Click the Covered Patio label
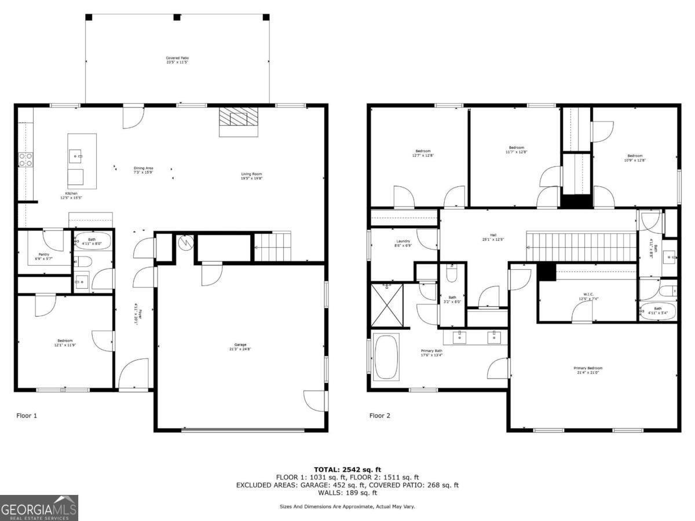pyautogui.click(x=177, y=60)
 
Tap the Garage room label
pyautogui.click(x=240, y=347)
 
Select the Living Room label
pyautogui.click(x=252, y=176)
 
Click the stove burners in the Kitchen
pyautogui.click(x=26, y=159)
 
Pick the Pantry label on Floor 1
pyautogui.click(x=43, y=256)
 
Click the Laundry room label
pyautogui.click(x=403, y=243)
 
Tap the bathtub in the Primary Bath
pyautogui.click(x=386, y=357)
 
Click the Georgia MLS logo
pyautogui.click(x=39, y=508)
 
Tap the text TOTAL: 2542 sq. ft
pyautogui.click(x=348, y=469)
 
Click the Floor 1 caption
pyautogui.click(x=27, y=415)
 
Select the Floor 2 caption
pyautogui.click(x=380, y=415)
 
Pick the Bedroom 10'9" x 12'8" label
pyautogui.click(x=635, y=157)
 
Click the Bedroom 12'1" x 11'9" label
pyautogui.click(x=65, y=343)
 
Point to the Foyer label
pyautogui.click(x=138, y=313)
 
